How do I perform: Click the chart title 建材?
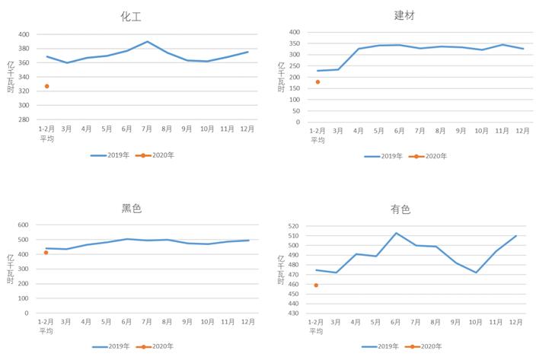404,15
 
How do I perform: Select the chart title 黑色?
132,209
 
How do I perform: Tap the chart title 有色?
400,209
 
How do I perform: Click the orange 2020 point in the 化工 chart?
46,86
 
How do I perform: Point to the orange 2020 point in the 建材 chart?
317,82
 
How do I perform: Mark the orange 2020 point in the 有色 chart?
316,285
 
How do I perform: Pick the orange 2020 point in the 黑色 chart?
46,253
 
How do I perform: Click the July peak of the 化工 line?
147,42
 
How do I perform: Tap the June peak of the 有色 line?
397,233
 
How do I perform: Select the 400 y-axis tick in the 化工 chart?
24,35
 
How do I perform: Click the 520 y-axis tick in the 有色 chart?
293,227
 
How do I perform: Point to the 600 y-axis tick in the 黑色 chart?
24,225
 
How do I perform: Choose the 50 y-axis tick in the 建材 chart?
295,111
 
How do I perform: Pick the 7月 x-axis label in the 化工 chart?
147,129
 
